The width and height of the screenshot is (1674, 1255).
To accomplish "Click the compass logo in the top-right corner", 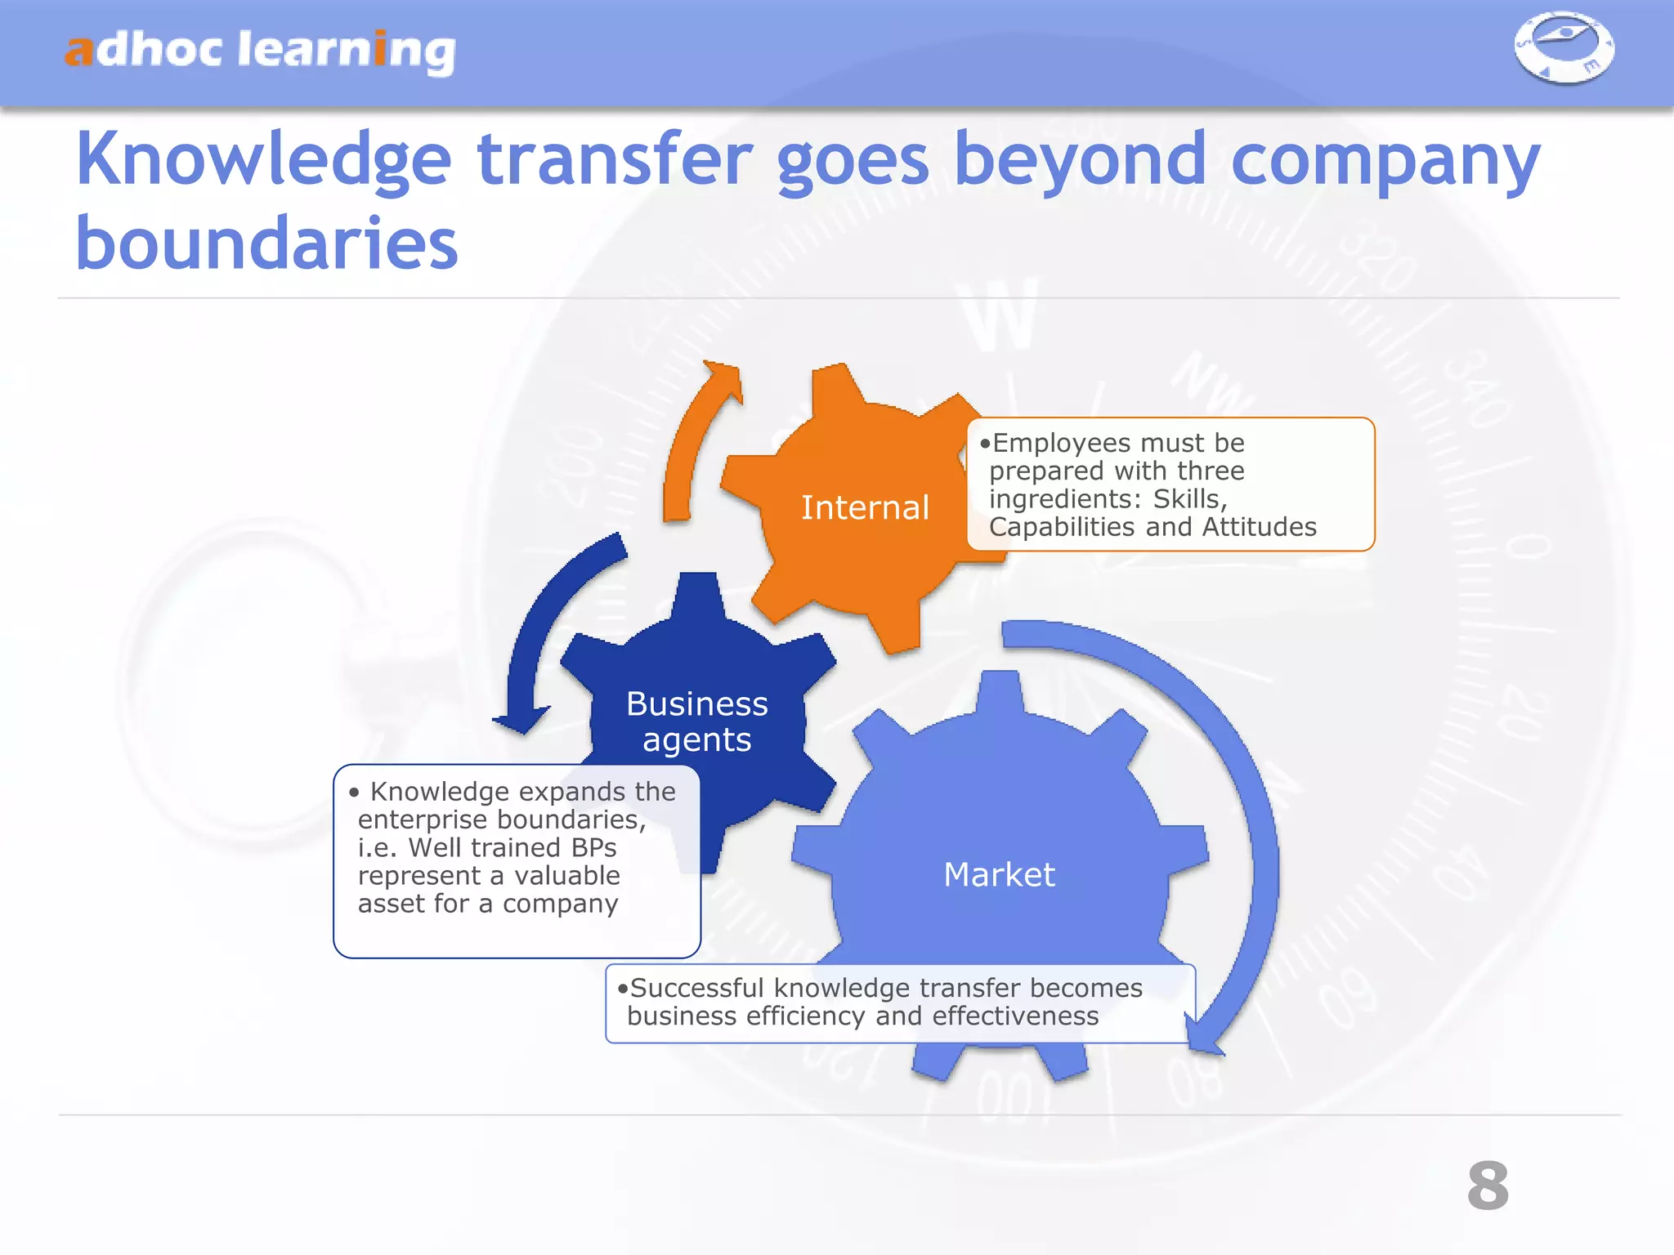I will (1564, 47).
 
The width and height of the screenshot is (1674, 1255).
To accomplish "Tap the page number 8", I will (1488, 1186).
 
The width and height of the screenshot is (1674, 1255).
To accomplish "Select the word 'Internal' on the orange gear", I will (865, 507).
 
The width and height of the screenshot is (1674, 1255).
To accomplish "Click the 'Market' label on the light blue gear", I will (999, 874).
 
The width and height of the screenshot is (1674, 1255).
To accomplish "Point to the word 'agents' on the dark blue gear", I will (696, 739).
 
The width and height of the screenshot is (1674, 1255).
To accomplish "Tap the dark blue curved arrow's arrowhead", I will (521, 719).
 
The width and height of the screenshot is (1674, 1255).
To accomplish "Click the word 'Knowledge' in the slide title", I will (263, 159).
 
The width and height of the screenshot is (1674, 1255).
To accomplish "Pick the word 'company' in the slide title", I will (1385, 161).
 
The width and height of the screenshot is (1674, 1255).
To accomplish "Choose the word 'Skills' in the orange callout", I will (1189, 498).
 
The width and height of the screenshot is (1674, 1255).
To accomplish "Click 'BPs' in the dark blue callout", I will (594, 847).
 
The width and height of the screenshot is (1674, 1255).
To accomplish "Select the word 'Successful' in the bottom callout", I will (696, 988).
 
